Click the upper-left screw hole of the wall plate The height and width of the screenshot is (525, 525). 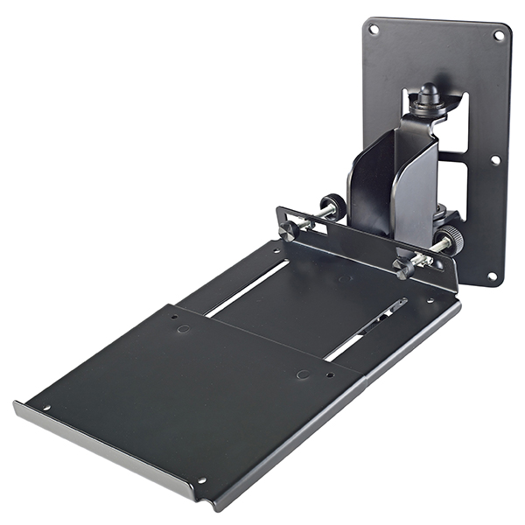pos(374,30)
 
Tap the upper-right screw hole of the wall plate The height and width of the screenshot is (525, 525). pos(500,36)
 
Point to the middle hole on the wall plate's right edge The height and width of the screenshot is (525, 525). pos(495,160)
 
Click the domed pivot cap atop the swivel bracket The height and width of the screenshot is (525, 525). pos(428,94)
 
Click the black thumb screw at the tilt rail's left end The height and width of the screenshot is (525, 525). pos(289,230)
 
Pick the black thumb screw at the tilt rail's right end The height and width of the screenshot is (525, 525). pos(403,268)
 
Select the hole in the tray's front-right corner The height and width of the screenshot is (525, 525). pos(201,479)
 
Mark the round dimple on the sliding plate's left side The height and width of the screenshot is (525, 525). pos(183,329)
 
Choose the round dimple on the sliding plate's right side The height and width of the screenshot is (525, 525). pos(302,374)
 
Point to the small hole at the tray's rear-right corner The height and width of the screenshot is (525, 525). pos(430,300)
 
